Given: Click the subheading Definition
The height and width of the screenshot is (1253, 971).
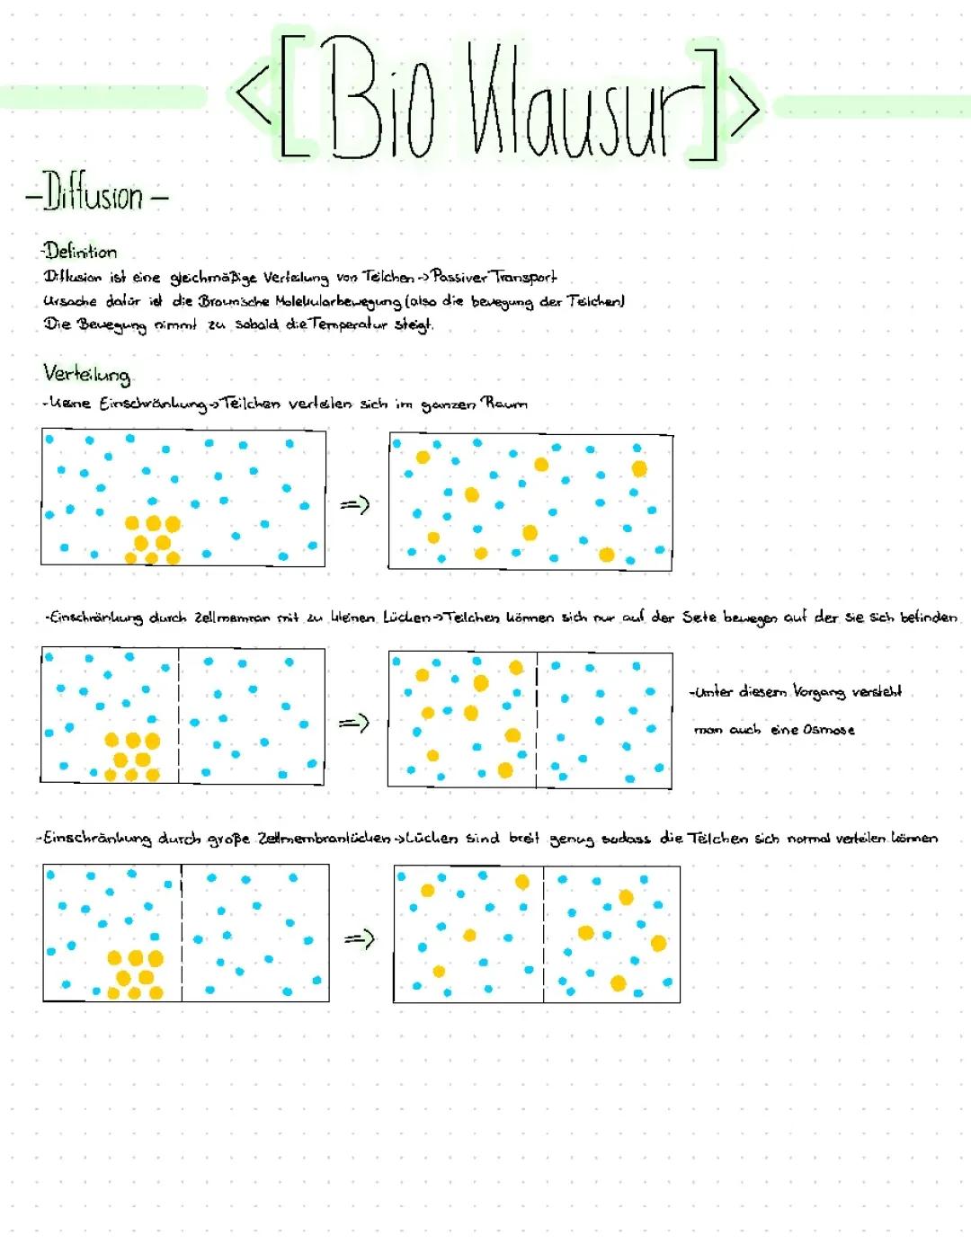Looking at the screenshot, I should point(81,252).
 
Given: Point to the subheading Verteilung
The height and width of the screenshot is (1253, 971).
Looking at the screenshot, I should point(86,374).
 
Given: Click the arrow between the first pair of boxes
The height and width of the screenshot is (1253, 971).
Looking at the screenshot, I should point(355,506).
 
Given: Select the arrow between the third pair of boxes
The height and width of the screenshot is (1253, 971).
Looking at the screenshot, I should point(359,939).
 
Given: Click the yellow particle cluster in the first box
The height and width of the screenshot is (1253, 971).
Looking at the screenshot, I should point(153,540).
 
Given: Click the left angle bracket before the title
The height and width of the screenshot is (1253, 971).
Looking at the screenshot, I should point(252,99).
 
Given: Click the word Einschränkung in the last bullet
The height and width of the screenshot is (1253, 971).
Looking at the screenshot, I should point(97,839).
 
